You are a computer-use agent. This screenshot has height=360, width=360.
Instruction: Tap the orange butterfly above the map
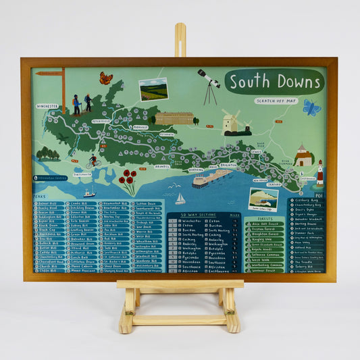(x=106, y=78)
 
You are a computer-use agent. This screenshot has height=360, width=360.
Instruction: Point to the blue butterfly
(x=311, y=107)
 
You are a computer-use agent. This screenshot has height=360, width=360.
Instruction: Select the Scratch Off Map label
(x=276, y=101)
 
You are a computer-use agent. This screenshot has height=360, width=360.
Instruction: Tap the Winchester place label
(x=47, y=106)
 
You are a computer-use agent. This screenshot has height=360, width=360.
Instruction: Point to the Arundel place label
(x=163, y=165)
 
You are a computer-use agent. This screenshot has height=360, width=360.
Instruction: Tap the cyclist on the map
(x=93, y=161)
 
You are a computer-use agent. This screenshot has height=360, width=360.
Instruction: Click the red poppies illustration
(x=127, y=180)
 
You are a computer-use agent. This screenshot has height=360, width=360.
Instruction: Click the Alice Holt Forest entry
(x=265, y=224)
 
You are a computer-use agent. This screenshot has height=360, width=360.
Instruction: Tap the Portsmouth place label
(x=82, y=174)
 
